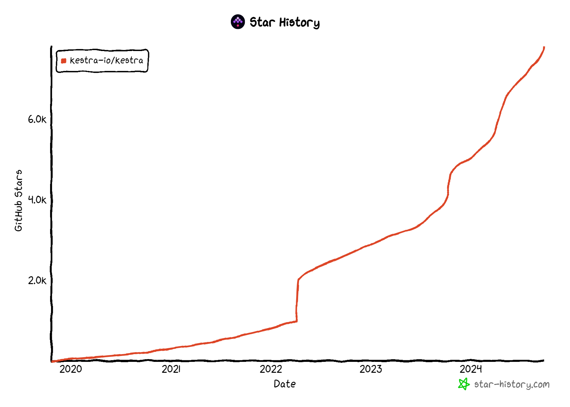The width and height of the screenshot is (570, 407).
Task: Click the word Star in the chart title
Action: [262, 22]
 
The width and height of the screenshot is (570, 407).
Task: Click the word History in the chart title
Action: [299, 23]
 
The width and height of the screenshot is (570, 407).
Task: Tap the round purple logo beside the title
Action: [238, 22]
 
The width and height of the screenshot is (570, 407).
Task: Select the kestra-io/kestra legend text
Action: [106, 60]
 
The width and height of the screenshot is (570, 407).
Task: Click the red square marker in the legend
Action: [64, 61]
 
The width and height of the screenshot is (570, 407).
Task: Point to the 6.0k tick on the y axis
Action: [37, 119]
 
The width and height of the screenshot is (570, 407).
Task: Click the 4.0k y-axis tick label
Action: [37, 200]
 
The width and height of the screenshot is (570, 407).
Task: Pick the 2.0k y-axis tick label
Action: [37, 280]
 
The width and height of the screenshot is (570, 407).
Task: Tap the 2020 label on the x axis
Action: [71, 369]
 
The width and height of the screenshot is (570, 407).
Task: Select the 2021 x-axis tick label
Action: [171, 369]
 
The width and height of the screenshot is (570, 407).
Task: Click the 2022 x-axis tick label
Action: [271, 369]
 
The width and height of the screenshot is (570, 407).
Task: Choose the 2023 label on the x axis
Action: [371, 369]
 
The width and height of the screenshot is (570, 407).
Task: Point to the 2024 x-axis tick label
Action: [470, 369]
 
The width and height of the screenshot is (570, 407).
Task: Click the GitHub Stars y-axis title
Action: [19, 200]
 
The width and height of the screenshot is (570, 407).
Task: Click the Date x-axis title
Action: [285, 384]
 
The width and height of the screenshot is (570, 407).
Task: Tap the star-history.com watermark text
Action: [512, 385]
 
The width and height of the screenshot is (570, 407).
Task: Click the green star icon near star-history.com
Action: [464, 384]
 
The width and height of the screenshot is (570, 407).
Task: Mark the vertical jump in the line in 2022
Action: [297, 300]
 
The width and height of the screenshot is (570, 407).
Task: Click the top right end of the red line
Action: [544, 48]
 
